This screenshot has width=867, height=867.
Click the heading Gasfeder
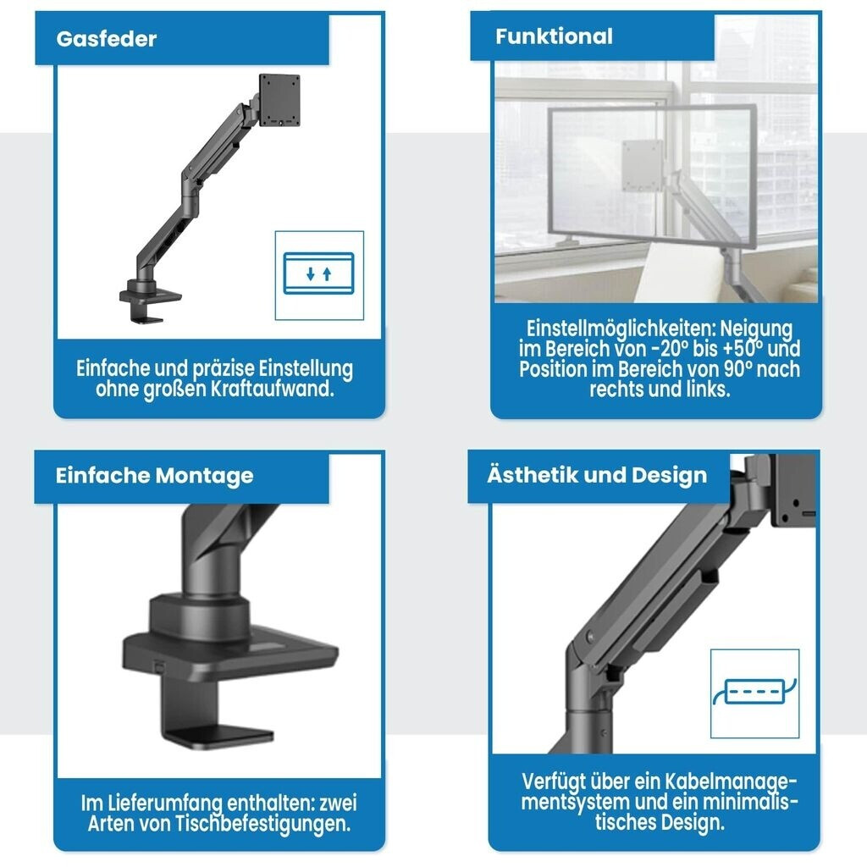106,39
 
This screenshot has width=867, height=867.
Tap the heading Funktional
554,36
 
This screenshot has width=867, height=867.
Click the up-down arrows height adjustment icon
318,273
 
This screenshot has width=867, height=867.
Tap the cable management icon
754,692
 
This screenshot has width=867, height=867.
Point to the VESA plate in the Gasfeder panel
279,100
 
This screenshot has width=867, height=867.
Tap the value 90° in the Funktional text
737,369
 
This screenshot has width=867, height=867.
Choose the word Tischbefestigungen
262,824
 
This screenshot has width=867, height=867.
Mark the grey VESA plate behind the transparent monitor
643,165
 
